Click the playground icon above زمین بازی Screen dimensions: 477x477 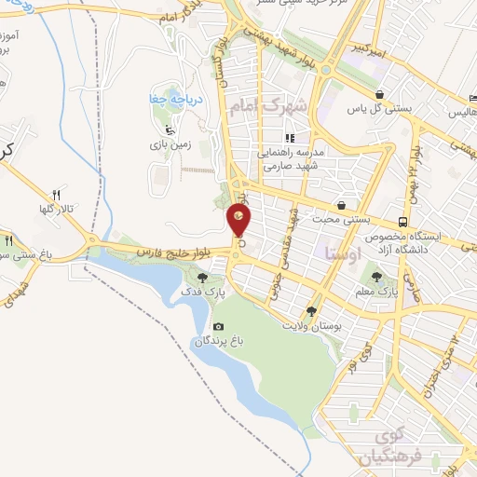168,130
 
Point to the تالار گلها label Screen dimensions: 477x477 57,209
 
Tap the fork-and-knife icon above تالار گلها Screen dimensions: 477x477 56,195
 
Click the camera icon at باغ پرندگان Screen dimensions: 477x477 218,326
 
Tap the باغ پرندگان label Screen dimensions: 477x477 217,341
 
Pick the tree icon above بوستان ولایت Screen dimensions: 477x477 311,311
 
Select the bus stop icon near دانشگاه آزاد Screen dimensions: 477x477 402,222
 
